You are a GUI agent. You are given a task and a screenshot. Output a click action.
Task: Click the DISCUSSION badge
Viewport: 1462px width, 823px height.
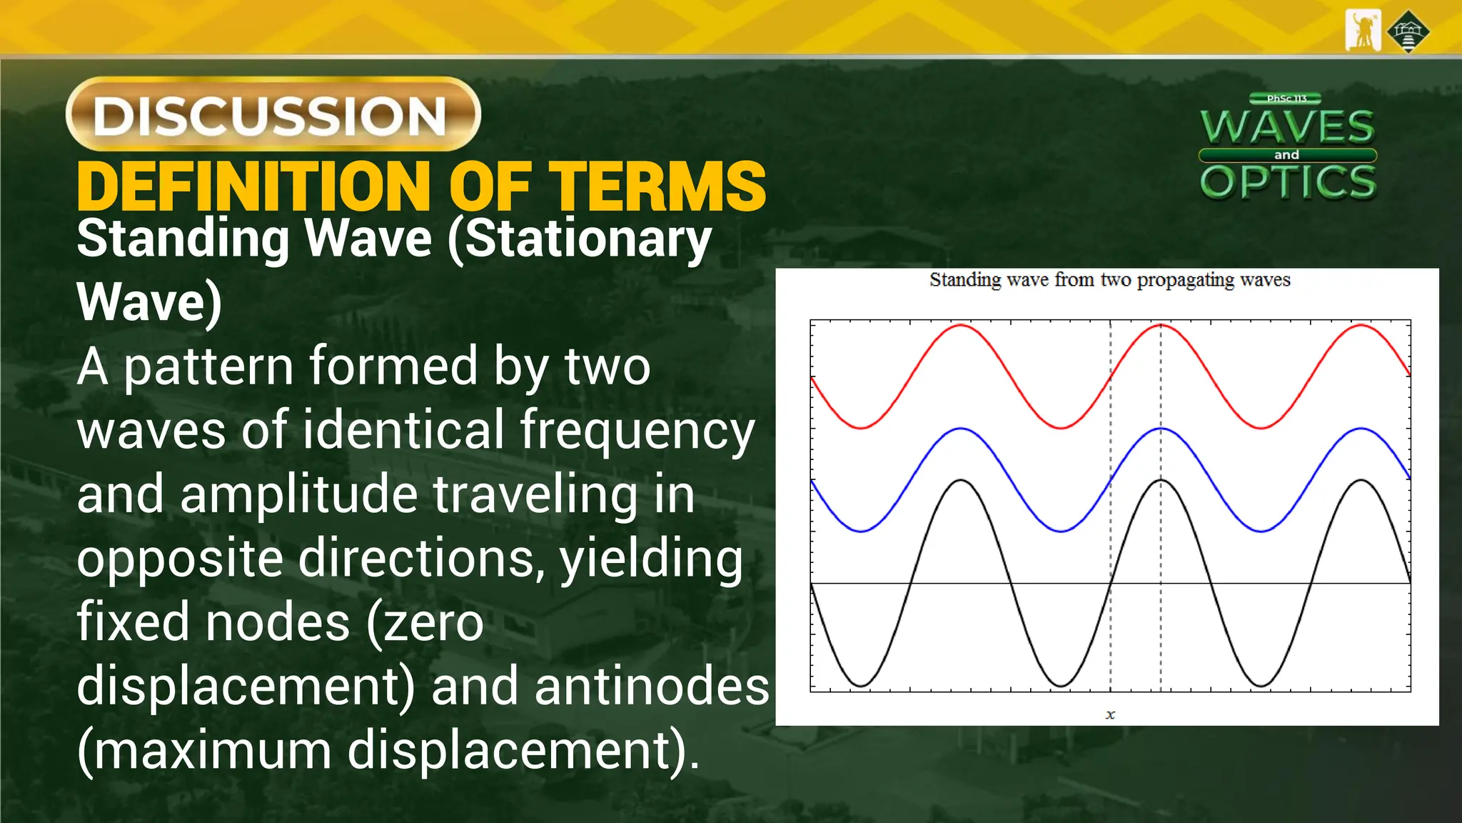click(273, 114)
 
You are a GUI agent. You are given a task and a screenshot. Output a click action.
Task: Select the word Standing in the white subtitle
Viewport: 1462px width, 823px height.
click(183, 239)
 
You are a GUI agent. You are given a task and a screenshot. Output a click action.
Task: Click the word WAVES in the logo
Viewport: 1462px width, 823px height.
click(1287, 127)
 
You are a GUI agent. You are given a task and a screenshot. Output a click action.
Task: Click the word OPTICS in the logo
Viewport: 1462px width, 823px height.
click(1288, 181)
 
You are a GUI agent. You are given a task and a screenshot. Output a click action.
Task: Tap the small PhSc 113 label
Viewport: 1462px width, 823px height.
click(1286, 99)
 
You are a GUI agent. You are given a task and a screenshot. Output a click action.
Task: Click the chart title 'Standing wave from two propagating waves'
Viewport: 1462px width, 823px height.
click(1109, 280)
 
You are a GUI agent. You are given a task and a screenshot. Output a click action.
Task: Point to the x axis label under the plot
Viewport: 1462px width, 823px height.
click(1110, 714)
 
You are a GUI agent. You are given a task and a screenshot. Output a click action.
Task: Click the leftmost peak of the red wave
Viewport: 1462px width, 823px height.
click(962, 326)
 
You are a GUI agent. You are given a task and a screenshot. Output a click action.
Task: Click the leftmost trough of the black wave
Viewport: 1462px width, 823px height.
click(862, 686)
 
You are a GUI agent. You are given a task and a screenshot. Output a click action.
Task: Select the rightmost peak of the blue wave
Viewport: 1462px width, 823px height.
click(1361, 429)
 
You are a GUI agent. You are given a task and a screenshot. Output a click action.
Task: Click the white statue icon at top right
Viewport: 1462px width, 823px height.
click(1363, 31)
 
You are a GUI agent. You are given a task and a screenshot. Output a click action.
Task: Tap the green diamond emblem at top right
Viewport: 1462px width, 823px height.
click(1408, 31)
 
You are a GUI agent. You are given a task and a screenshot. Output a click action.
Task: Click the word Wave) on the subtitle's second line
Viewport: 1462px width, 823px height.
click(149, 303)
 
